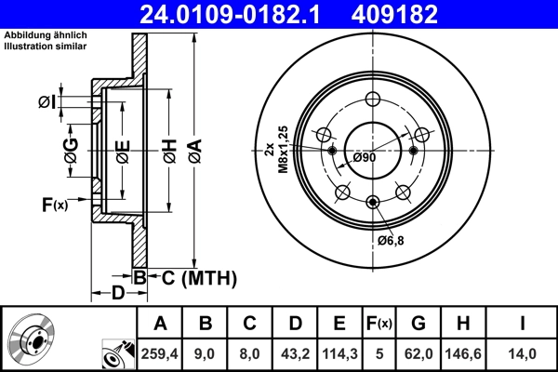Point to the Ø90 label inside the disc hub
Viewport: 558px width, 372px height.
point(365,157)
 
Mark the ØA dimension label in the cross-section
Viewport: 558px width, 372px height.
point(193,148)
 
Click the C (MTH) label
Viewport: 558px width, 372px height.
point(194,277)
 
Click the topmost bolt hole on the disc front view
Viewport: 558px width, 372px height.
point(373,101)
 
